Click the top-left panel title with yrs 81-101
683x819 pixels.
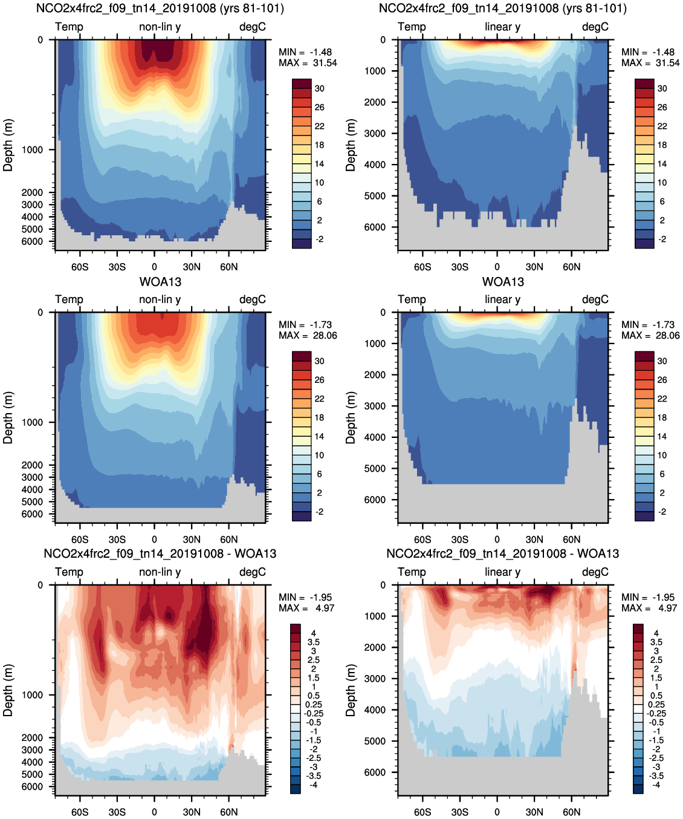coord(160,8)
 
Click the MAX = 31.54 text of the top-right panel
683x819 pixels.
coord(650,63)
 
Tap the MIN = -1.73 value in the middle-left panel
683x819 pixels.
coord(305,325)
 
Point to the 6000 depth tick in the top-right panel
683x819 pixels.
coord(375,227)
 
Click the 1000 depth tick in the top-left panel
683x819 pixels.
coord(32,149)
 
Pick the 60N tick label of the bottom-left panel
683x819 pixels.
coord(229,812)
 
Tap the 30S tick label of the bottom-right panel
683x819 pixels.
coord(460,812)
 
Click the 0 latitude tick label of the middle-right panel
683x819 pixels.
coord(497,540)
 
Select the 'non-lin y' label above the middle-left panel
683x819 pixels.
coord(160,299)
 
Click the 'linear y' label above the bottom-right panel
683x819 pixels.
coord(502,572)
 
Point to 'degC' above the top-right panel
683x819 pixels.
coord(595,27)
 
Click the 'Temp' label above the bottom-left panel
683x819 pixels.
coord(69,572)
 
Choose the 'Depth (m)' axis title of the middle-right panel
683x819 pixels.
coord(351,417)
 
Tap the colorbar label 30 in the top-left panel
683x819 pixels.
coord(319,88)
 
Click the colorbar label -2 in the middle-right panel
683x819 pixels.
coord(662,512)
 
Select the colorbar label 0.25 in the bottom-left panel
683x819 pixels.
coord(314,704)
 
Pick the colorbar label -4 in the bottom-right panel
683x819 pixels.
coord(656,785)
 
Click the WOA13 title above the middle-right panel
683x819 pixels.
coord(503,282)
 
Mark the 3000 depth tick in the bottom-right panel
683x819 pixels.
coord(375,678)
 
